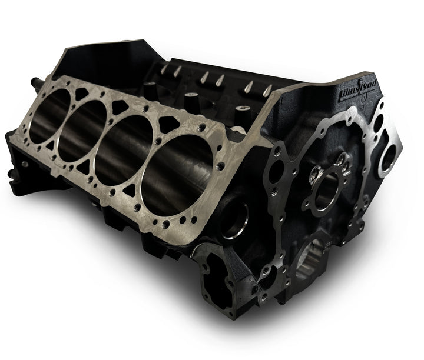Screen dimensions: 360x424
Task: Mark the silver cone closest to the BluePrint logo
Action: (267, 89)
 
